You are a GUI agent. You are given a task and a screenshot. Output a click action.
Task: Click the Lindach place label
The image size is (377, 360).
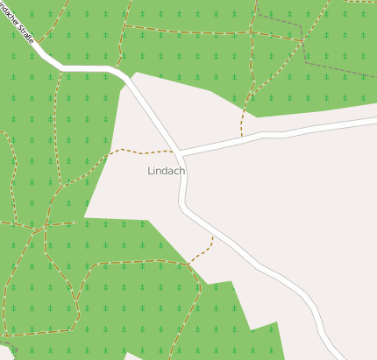pyautogui.click(x=167, y=171)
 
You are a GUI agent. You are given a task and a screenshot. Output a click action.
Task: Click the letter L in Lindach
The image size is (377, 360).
pyautogui.click(x=151, y=171)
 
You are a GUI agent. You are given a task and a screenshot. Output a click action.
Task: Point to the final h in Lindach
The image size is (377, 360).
pyautogui.click(x=181, y=171)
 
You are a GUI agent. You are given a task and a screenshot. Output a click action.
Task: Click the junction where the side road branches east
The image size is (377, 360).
pyautogui.click(x=180, y=152)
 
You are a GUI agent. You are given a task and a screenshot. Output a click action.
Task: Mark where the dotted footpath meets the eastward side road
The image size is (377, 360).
pyautogui.click(x=241, y=137)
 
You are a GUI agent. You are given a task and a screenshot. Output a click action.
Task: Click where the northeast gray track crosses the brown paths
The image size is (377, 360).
pyautogui.click(x=302, y=39)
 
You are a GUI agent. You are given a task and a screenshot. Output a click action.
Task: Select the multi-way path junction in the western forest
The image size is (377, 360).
pyautogui.click(x=44, y=227)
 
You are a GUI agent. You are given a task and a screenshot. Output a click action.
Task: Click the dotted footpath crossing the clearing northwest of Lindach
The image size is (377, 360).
pyautogui.click(x=140, y=152)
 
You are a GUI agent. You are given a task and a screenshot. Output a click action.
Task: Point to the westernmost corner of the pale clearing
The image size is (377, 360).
pyautogui.click(x=84, y=216)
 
